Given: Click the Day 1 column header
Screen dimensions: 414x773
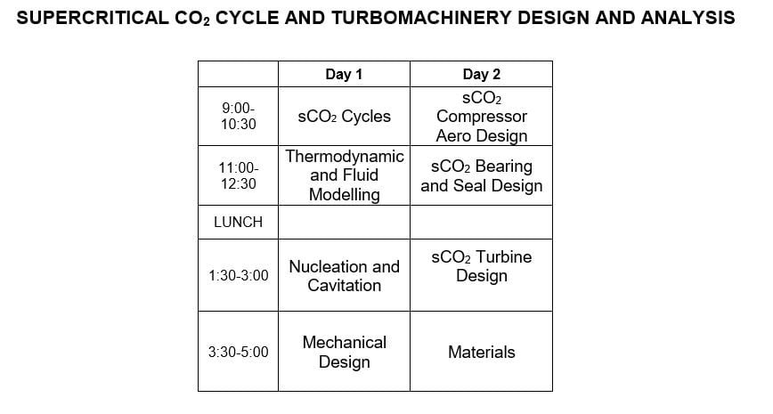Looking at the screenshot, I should pyautogui.click(x=344, y=74).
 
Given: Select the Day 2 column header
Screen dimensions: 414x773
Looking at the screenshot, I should pyautogui.click(x=481, y=74).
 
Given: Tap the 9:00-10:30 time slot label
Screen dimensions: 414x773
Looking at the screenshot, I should pyautogui.click(x=238, y=116).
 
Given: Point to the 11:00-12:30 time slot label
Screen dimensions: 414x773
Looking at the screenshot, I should pyautogui.click(x=238, y=175).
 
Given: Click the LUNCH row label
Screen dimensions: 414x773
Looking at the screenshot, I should pyautogui.click(x=238, y=223).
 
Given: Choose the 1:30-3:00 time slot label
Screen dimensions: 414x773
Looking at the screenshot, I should pyautogui.click(x=238, y=276).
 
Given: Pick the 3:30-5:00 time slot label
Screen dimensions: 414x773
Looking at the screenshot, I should pyautogui.click(x=238, y=352).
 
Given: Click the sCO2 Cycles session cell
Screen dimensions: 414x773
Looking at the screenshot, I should pyautogui.click(x=344, y=117).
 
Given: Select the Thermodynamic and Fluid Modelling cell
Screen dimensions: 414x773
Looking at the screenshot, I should pyautogui.click(x=344, y=175).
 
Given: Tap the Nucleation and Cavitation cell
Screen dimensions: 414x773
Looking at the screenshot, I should pyautogui.click(x=344, y=276).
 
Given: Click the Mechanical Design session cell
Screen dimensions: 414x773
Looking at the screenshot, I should pyautogui.click(x=344, y=352).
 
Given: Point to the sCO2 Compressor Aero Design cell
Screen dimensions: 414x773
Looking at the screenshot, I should pyautogui.click(x=481, y=117).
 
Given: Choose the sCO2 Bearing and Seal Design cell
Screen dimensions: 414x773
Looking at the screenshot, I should pyautogui.click(x=481, y=176).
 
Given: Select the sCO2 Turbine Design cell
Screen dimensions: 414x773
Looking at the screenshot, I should pyautogui.click(x=481, y=266).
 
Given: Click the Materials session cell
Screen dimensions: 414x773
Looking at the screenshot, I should pyautogui.click(x=481, y=352).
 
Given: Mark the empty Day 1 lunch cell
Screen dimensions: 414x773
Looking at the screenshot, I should pyautogui.click(x=344, y=223).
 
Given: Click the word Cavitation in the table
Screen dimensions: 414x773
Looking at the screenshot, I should pyautogui.click(x=344, y=286).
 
